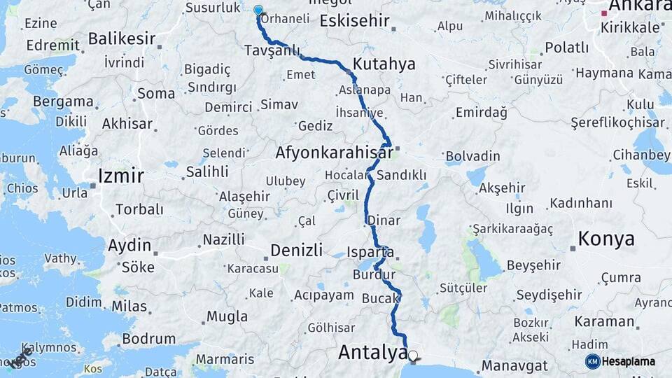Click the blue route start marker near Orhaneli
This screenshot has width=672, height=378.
click(x=258, y=10)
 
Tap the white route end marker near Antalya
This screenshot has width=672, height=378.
click(x=413, y=356)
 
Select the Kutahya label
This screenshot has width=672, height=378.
click(x=384, y=64)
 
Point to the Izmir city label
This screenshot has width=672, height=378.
click(x=121, y=175)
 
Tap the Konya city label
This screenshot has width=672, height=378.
click(x=606, y=239)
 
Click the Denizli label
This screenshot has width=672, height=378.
click(x=296, y=250)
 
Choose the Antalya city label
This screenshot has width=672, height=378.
click(x=372, y=352)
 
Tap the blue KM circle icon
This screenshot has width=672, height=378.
click(x=593, y=362)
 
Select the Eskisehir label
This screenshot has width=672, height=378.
click(x=354, y=20)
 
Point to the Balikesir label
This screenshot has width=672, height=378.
click(x=122, y=38)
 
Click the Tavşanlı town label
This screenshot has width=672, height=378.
click(x=272, y=50)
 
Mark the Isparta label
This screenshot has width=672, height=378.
click(x=370, y=252)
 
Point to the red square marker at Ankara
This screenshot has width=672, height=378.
click(x=604, y=13)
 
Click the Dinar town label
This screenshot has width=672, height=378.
click(x=384, y=220)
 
